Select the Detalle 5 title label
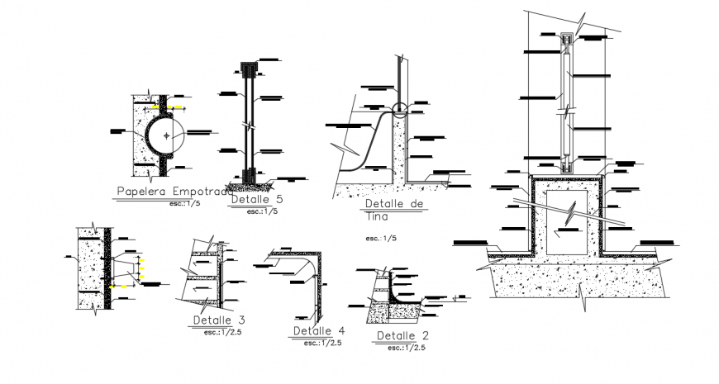257,200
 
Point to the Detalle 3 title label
219,320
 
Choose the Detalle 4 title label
318,331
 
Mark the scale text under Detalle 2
405,348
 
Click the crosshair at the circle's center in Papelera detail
166,135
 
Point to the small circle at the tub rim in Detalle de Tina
401,109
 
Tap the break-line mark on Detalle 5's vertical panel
247,127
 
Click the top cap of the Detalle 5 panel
246,65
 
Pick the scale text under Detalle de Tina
382,238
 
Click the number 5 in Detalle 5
279,200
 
